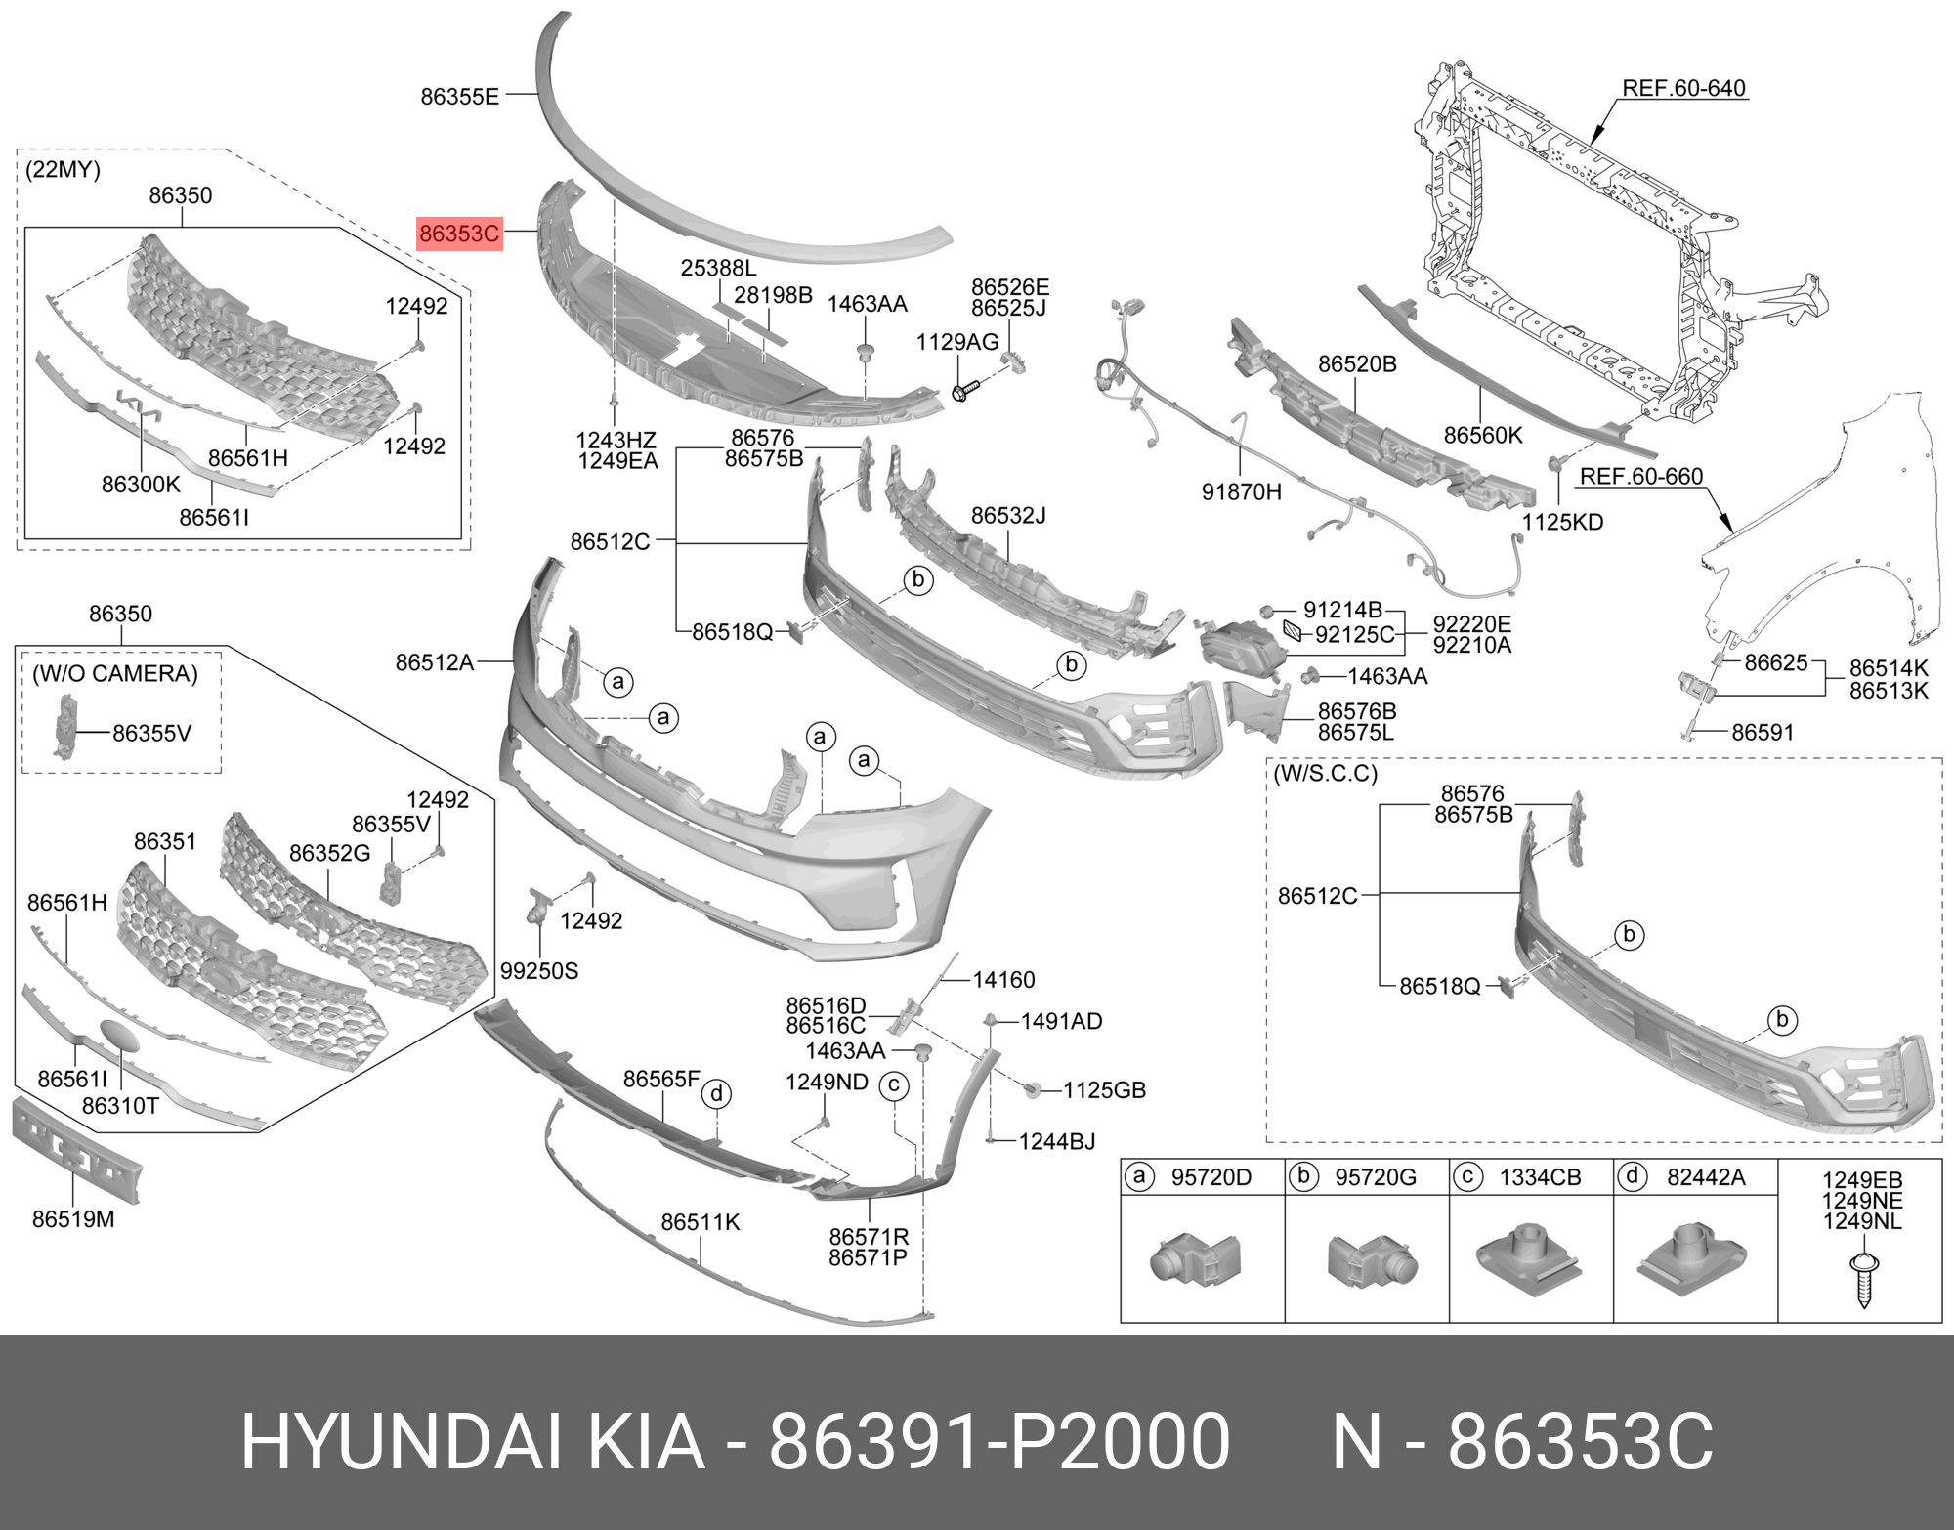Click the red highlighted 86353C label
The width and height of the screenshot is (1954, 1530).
[459, 234]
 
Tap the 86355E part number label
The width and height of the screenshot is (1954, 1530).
[459, 97]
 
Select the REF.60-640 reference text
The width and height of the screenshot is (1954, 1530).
[1683, 88]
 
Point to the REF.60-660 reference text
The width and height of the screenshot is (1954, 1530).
[1641, 477]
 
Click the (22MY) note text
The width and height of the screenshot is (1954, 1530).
[63, 169]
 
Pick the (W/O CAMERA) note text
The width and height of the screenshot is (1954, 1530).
[115, 673]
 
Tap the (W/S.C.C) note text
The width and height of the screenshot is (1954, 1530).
[1325, 774]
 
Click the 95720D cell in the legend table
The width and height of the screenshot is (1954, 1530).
[1211, 1177]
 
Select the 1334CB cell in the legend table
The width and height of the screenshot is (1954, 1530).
[1540, 1177]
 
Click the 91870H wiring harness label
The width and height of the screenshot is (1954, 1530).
[1241, 491]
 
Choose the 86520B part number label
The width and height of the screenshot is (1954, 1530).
[1357, 364]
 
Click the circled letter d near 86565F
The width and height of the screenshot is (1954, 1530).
[716, 1094]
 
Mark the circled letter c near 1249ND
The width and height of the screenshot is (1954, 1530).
[893, 1085]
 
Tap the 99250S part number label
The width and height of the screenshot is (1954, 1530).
[539, 971]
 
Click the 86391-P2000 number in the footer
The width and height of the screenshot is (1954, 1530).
[998, 1441]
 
